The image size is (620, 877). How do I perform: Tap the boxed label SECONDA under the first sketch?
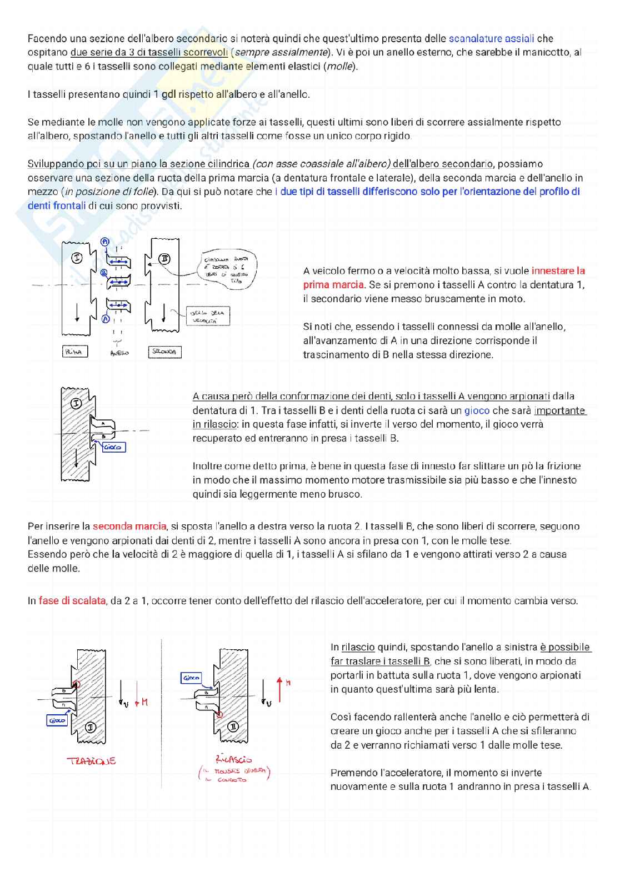164,352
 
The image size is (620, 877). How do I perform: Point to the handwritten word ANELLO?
119,353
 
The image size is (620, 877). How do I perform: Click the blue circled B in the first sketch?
104,273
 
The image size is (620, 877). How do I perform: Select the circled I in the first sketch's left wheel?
77,258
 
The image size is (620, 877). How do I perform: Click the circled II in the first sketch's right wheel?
164,259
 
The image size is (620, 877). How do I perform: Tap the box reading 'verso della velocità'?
207,317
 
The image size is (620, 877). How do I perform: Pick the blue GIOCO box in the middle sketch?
114,447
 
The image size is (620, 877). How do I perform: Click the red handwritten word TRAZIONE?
91,761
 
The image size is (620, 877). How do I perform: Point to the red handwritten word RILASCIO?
234,759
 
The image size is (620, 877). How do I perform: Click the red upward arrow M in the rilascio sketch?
280,689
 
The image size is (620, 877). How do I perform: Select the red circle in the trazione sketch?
77,684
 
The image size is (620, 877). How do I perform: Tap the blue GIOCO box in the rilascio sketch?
191,678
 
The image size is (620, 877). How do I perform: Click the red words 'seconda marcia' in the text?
129,526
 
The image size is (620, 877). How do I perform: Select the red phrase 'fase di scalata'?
72,600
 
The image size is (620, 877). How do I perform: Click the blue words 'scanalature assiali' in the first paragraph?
491,38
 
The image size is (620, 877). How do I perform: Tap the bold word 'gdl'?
168,94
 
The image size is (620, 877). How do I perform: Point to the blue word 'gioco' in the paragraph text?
477,410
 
